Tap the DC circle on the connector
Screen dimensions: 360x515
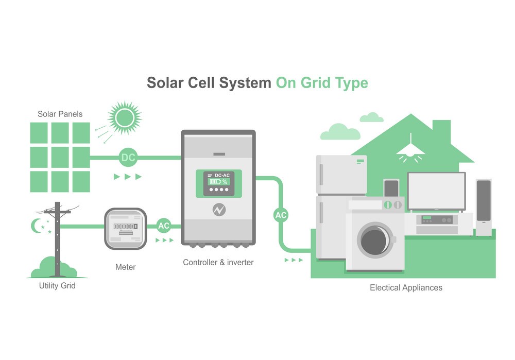[128, 157]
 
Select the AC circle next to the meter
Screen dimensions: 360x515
[163, 226]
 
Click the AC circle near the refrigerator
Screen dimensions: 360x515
[281, 215]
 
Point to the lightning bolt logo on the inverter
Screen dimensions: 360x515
[219, 210]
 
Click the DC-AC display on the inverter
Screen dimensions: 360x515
[219, 183]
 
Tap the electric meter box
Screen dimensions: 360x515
[126, 228]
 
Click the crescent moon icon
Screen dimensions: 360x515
[36, 226]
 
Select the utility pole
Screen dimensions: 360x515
[57, 237]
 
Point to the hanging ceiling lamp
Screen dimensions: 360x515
[410, 148]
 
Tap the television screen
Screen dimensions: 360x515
[436, 191]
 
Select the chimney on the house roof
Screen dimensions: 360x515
[441, 132]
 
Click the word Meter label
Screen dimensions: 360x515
[126, 267]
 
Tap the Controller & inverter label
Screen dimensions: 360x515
[218, 262]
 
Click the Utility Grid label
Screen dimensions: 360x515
[57, 285]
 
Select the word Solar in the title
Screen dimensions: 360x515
[165, 83]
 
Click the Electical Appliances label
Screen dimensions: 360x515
[406, 287]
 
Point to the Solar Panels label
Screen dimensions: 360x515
[60, 114]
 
